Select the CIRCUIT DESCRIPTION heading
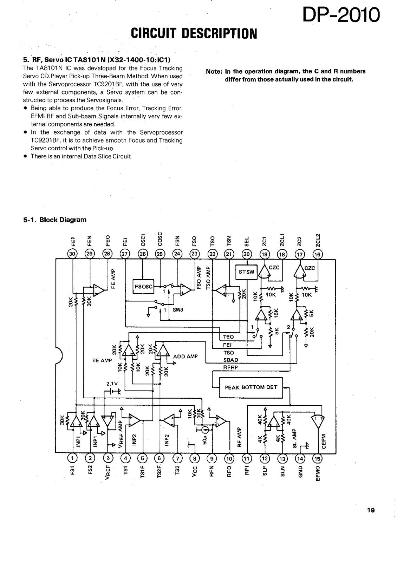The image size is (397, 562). click(x=194, y=34)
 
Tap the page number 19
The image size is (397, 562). click(x=371, y=510)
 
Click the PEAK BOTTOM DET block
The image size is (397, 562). click(x=251, y=387)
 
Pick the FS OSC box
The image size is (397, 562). click(x=144, y=286)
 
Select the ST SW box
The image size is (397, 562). click(x=246, y=272)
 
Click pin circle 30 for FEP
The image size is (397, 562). click(x=72, y=254)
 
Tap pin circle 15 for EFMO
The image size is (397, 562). click(x=317, y=459)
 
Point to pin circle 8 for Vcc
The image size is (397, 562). click(x=194, y=459)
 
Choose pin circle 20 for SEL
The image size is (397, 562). click(x=247, y=254)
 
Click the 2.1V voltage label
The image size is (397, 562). click(x=112, y=384)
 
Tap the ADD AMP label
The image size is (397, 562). click(x=186, y=356)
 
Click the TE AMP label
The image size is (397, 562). click(x=102, y=360)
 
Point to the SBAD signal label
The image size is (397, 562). click(x=231, y=360)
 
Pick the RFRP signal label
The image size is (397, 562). click(x=230, y=367)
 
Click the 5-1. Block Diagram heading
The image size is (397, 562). click(x=55, y=220)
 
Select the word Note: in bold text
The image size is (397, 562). click(x=214, y=72)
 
